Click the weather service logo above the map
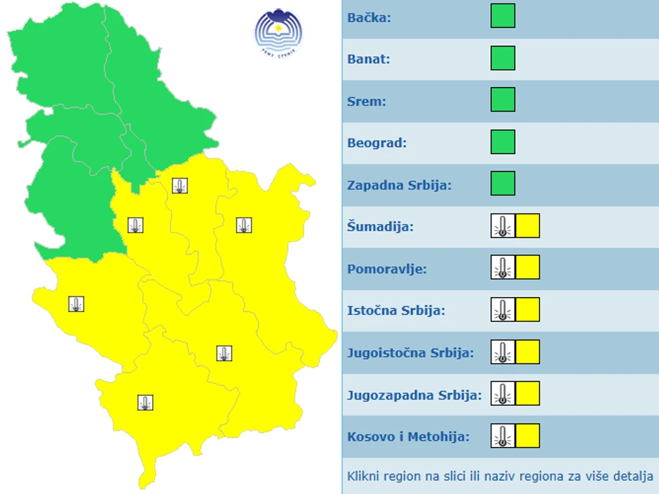click(x=278, y=32)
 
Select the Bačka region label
click(x=369, y=17)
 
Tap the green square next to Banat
click(x=503, y=58)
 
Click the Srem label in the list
click(x=366, y=101)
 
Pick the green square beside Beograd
click(x=503, y=142)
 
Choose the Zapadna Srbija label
click(x=399, y=185)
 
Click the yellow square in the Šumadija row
click(x=527, y=226)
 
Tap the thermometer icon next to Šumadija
click(x=503, y=226)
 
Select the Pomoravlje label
click(x=387, y=269)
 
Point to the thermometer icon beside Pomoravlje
click(x=503, y=268)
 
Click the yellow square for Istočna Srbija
click(x=527, y=309)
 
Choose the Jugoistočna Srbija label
click(x=410, y=352)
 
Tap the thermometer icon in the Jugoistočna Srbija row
click(x=503, y=352)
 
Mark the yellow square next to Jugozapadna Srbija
click(x=527, y=394)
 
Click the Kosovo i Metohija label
click(x=408, y=437)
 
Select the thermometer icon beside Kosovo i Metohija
click(x=503, y=436)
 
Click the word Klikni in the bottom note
click(x=363, y=476)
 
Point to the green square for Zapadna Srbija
click(x=503, y=184)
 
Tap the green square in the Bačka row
click(x=503, y=16)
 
